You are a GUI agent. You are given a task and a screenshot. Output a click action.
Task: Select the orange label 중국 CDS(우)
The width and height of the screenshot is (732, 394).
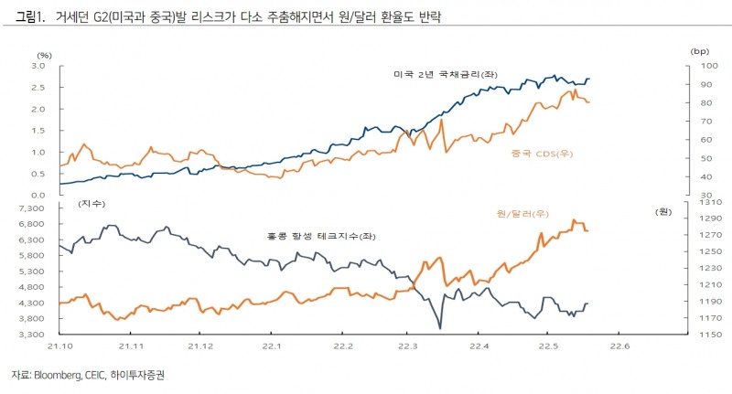click(539, 153)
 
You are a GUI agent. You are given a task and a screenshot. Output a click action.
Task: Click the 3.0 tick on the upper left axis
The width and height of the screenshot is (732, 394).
click(39, 67)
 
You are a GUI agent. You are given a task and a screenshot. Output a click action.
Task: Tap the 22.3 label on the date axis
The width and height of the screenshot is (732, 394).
click(409, 346)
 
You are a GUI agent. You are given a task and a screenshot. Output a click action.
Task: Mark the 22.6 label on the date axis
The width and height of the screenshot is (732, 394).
click(620, 346)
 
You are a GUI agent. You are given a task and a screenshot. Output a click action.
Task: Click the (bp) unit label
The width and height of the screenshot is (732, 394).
click(701, 52)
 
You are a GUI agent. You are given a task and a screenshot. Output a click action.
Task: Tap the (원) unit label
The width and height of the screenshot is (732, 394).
click(663, 211)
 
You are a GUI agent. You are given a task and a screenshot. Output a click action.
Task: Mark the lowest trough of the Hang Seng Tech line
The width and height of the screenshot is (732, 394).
click(440, 328)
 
